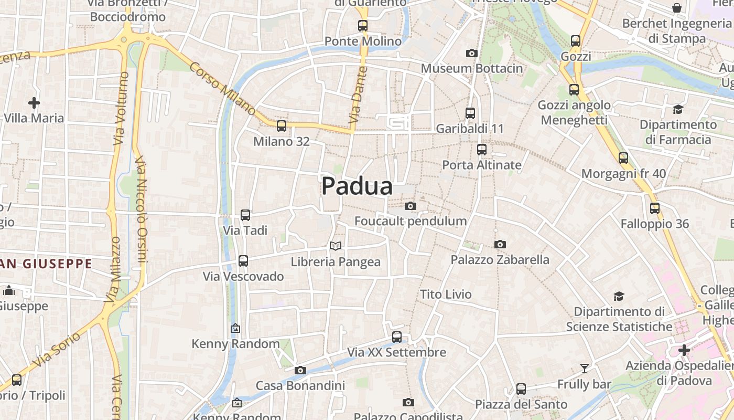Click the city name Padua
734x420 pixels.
[357, 186]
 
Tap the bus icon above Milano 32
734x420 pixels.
[282, 125]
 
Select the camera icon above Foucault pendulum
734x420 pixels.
[411, 206]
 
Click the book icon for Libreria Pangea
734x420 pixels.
[336, 246]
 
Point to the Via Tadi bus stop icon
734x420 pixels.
[245, 215]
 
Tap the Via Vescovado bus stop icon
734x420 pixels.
[243, 260]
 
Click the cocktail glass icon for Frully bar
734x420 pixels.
[585, 368]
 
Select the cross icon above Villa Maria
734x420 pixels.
[34, 102]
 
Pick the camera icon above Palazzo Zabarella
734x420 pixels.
[500, 244]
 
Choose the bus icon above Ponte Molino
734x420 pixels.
[363, 25]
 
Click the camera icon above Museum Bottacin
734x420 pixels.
[472, 53]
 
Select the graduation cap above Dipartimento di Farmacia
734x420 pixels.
[678, 109]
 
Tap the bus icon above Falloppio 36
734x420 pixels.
[655, 208]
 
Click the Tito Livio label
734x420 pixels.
[446, 294]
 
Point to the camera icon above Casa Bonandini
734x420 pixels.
[300, 370]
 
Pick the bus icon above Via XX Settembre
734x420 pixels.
[397, 337]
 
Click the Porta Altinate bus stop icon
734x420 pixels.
[482, 149]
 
